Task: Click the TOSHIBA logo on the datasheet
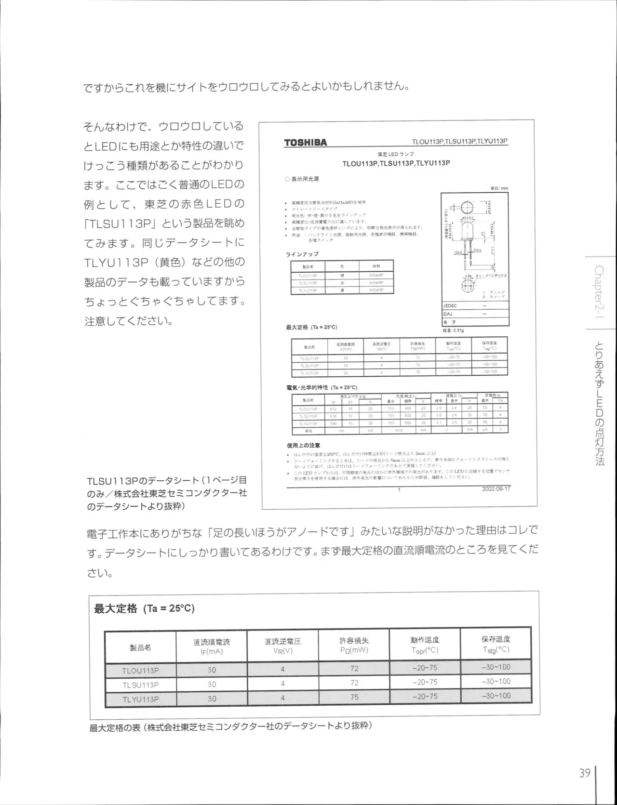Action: point(305,142)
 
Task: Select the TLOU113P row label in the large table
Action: point(140,670)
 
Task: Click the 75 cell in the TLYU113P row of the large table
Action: point(354,697)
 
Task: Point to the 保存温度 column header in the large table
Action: point(496,644)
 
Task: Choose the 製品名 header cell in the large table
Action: point(140,647)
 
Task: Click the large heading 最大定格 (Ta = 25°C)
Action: point(144,608)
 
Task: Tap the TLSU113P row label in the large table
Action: point(140,685)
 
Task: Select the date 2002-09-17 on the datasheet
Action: point(496,488)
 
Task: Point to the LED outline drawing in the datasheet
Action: point(467,241)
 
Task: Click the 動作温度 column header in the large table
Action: point(425,645)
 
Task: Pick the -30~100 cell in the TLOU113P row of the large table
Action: point(496,667)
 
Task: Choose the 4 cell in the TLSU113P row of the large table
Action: point(282,684)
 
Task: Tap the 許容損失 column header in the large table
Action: point(354,645)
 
